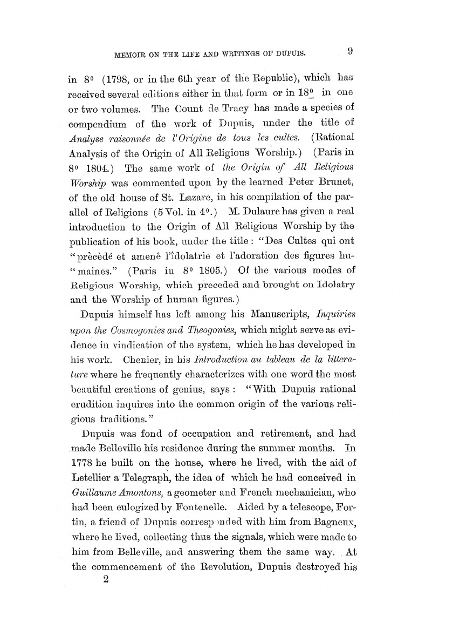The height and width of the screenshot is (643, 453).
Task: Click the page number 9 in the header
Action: [350, 52]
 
